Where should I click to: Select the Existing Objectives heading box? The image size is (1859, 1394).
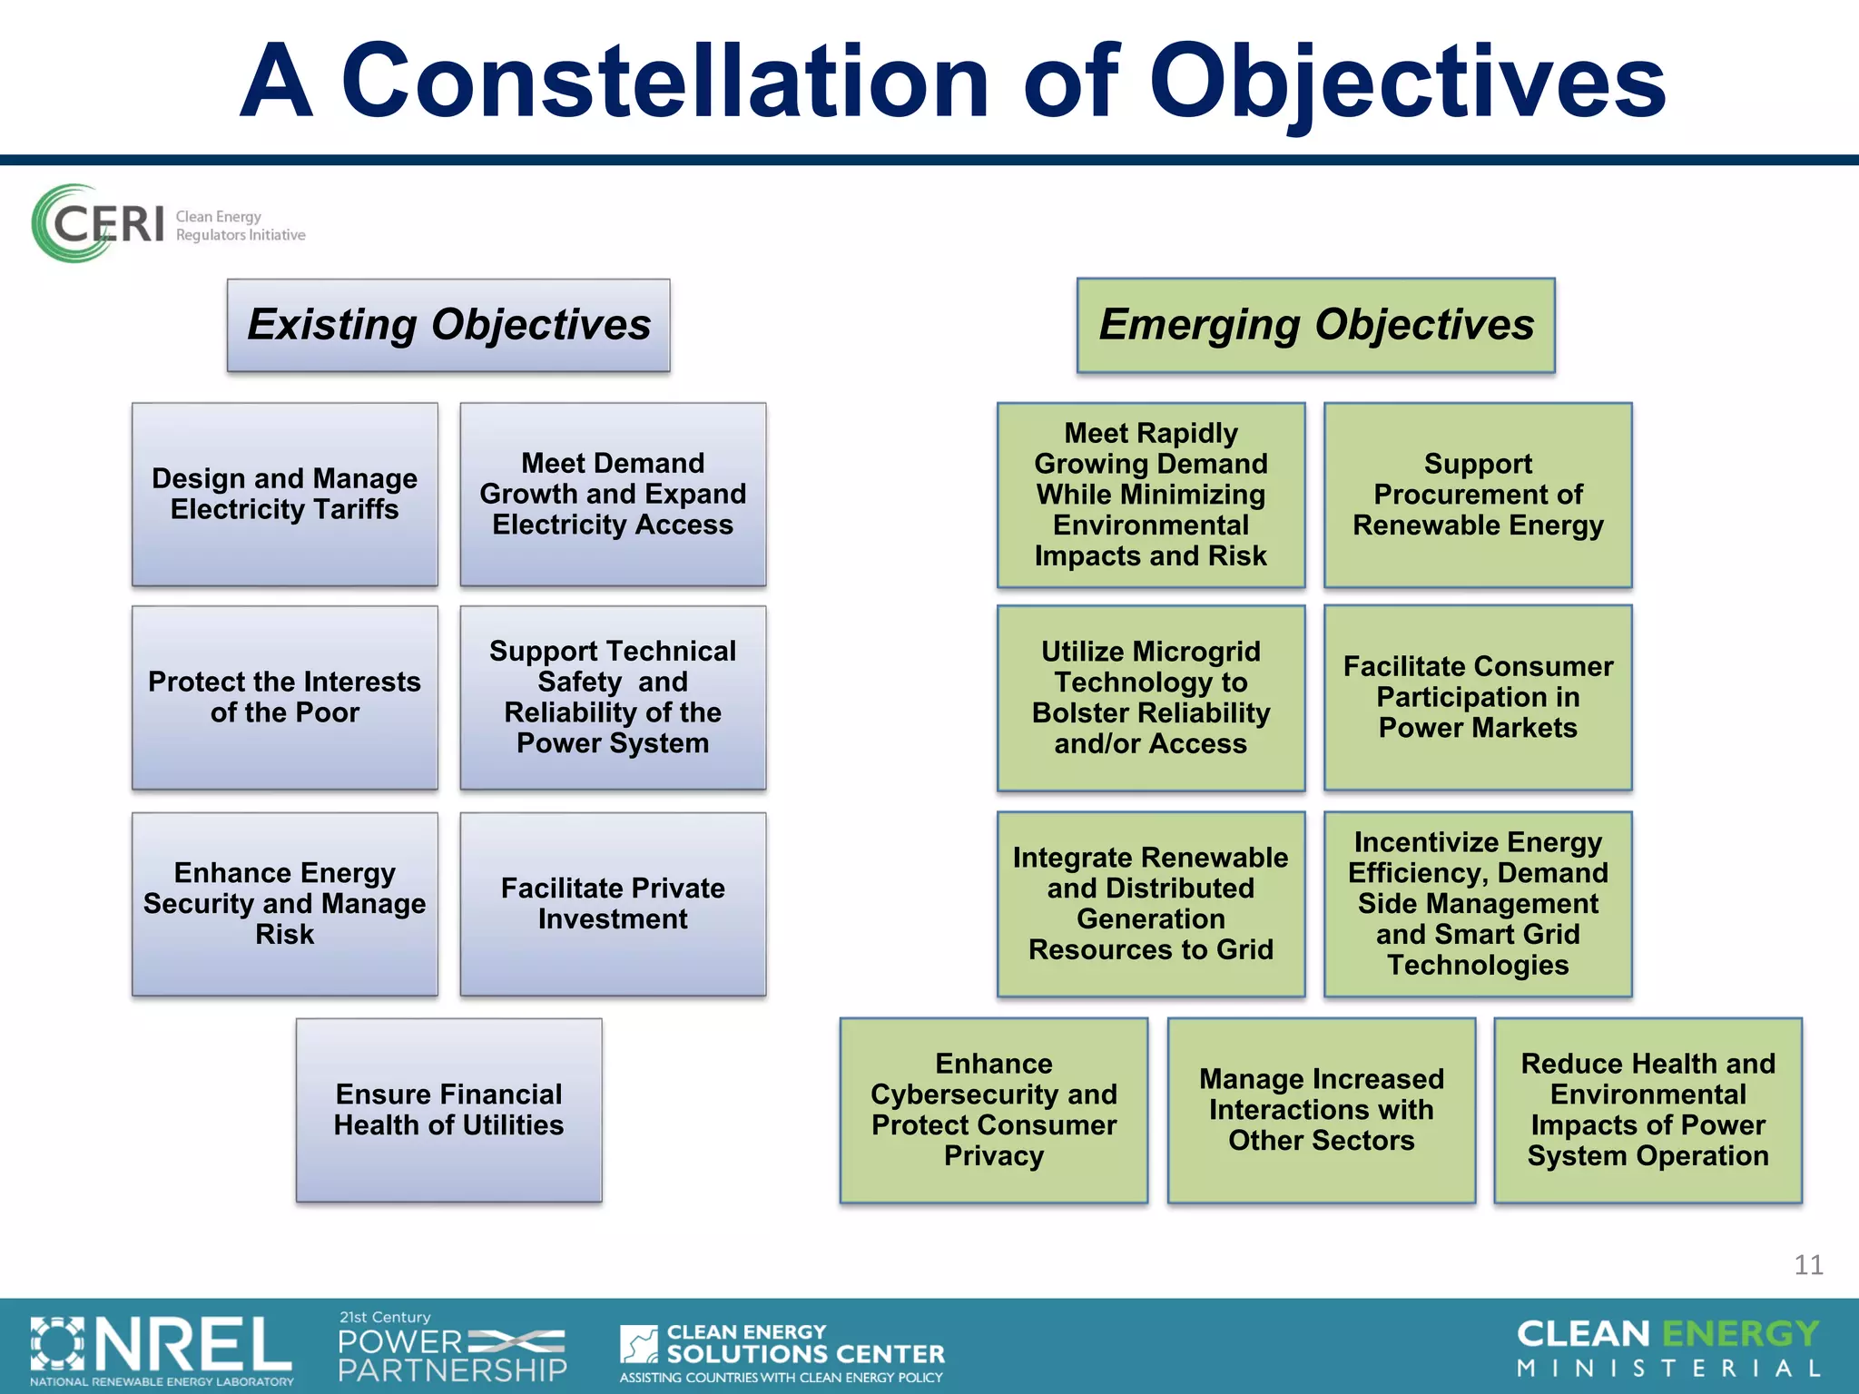(448, 325)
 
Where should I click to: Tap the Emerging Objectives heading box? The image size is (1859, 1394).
(1315, 325)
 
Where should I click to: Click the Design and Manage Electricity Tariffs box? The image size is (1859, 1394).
(284, 495)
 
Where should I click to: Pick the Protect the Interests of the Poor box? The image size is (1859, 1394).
(284, 697)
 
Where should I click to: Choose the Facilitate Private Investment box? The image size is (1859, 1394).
(613, 904)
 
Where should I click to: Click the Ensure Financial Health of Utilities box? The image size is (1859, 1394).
(448, 1110)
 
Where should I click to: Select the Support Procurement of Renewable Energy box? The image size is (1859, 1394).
(1478, 495)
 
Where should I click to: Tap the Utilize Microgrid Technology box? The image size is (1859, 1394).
(1150, 697)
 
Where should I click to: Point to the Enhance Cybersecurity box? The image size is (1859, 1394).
(993, 1110)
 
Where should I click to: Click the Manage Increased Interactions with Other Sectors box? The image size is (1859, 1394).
(1321, 1110)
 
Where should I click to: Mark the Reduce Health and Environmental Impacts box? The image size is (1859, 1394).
(1648, 1110)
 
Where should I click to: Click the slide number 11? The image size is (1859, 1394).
(1807, 1265)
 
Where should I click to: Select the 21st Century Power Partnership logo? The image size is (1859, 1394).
(452, 1348)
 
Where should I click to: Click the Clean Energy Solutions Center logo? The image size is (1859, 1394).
(782, 1351)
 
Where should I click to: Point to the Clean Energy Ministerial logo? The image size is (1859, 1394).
(1668, 1348)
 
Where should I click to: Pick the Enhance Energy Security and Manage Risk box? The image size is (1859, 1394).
(284, 904)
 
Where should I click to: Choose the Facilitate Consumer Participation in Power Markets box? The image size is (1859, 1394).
(1478, 697)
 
